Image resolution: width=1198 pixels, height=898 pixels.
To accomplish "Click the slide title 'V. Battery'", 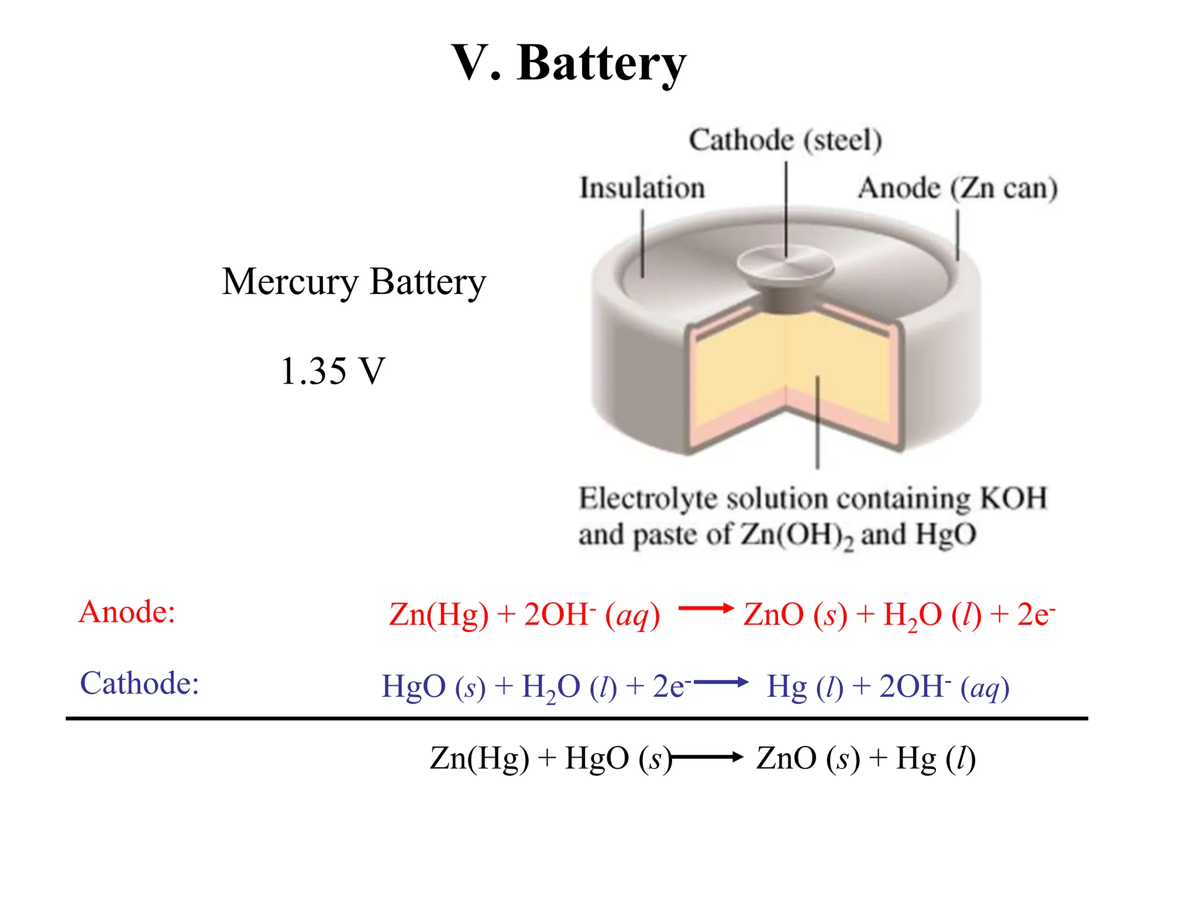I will click(569, 63).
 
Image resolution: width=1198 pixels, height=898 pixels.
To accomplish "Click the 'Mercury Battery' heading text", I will click(353, 282).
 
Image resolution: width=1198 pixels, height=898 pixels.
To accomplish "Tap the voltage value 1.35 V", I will click(332, 371).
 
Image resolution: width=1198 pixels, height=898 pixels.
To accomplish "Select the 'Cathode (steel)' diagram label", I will click(785, 140).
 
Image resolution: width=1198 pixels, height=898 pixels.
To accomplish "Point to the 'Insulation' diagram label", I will click(642, 188).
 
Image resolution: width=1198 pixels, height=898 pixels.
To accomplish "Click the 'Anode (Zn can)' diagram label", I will click(958, 188).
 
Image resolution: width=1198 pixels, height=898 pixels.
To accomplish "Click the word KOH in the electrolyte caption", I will click(1013, 498).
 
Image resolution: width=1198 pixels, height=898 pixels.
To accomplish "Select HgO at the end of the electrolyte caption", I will click(946, 534).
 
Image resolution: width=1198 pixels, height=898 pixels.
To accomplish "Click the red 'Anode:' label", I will click(127, 612).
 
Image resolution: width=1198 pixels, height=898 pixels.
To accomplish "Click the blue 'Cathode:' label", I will click(139, 683).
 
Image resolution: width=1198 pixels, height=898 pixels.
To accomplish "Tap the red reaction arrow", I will click(705, 609).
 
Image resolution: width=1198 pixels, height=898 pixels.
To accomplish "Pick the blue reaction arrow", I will click(721, 682).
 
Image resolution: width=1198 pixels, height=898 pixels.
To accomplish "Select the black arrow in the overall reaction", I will click(708, 758).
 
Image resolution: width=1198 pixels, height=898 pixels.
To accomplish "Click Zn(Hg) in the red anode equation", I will click(438, 614).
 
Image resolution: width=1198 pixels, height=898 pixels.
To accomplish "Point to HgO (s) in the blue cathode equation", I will click(433, 686).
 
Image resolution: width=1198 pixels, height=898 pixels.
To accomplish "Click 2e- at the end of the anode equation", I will click(1035, 614).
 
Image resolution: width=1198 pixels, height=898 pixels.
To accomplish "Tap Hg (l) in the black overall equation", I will click(935, 758).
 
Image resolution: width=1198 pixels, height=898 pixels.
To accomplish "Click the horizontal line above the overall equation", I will click(576, 719).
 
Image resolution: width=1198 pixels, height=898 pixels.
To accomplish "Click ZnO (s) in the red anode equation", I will click(794, 614).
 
